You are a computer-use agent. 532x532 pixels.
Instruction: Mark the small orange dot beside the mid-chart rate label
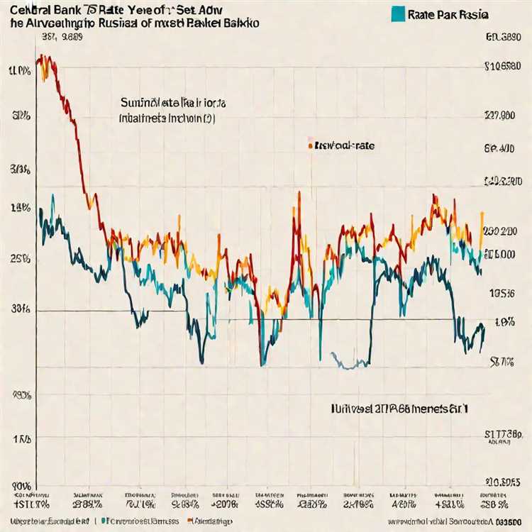(x=310, y=145)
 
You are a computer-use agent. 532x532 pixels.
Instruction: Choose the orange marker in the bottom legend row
(x=190, y=521)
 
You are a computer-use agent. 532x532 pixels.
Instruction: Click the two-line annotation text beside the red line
(x=167, y=110)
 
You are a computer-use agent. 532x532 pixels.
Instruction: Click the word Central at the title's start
(x=28, y=10)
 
